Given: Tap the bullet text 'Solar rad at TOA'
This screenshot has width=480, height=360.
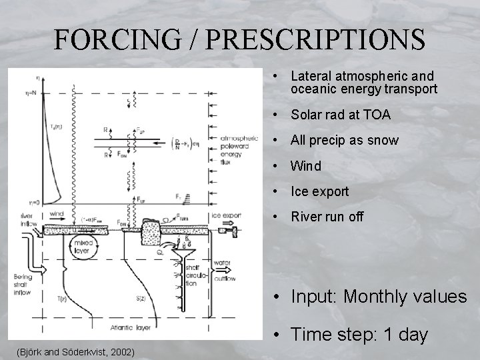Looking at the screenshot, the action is [341, 115].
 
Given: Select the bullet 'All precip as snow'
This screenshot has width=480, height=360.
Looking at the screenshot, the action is [345, 141].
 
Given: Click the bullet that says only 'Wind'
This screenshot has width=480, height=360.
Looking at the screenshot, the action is [306, 166].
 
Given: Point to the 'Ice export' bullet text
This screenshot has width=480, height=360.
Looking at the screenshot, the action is [320, 192].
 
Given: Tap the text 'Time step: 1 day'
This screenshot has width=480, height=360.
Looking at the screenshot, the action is [359, 335].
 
